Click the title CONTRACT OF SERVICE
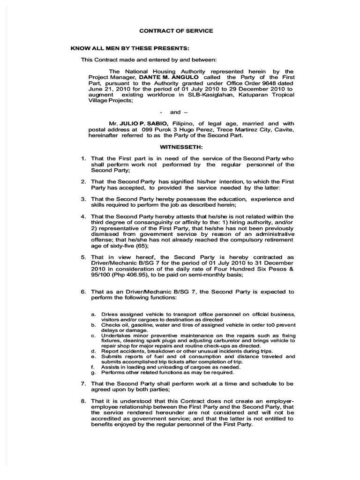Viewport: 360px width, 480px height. click(x=176, y=30)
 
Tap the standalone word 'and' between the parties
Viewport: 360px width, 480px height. click(x=175, y=112)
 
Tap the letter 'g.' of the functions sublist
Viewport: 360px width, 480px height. click(x=93, y=373)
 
